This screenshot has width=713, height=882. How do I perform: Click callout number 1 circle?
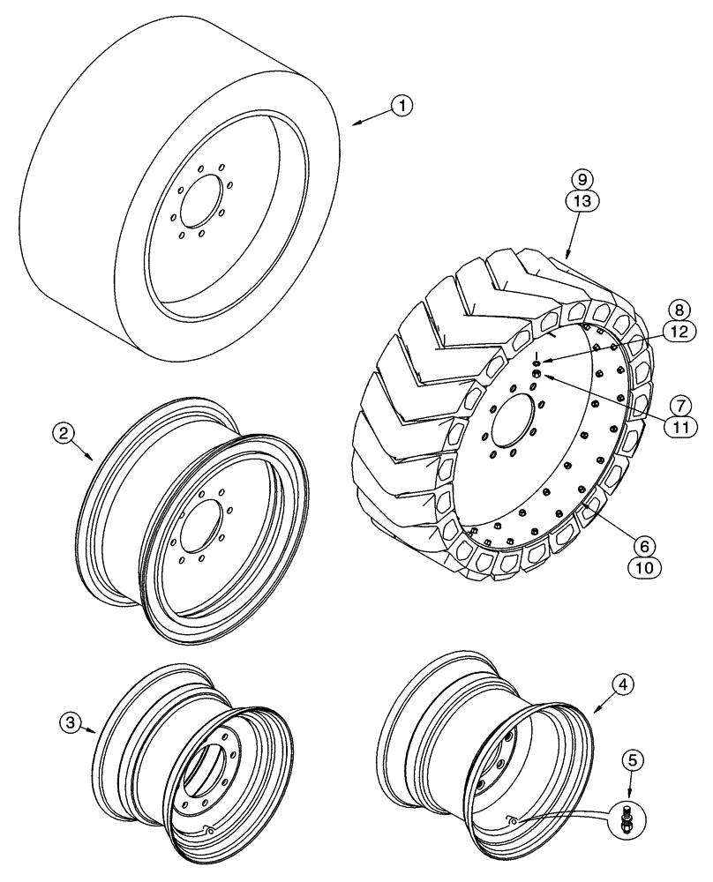(x=402, y=107)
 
